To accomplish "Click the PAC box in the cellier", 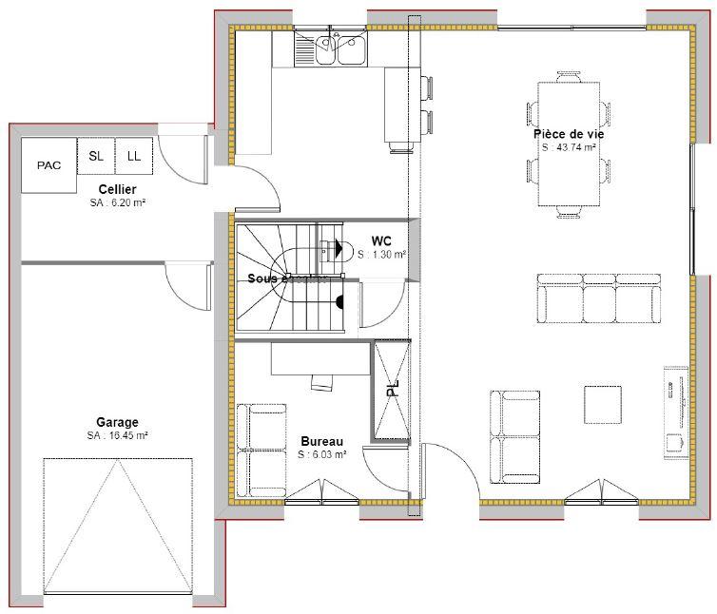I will [48, 165].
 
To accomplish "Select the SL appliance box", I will [96, 156].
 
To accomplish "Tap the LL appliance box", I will [134, 156].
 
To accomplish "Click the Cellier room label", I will [116, 190].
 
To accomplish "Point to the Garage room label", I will [117, 422].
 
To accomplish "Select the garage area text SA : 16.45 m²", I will [117, 435].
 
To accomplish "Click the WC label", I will [382, 240].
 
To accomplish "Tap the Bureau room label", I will [322, 441].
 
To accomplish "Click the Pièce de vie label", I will [569, 134].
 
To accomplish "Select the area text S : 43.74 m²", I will [569, 147].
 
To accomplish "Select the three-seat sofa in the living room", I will [598, 301].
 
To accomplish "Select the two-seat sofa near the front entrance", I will [514, 435].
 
